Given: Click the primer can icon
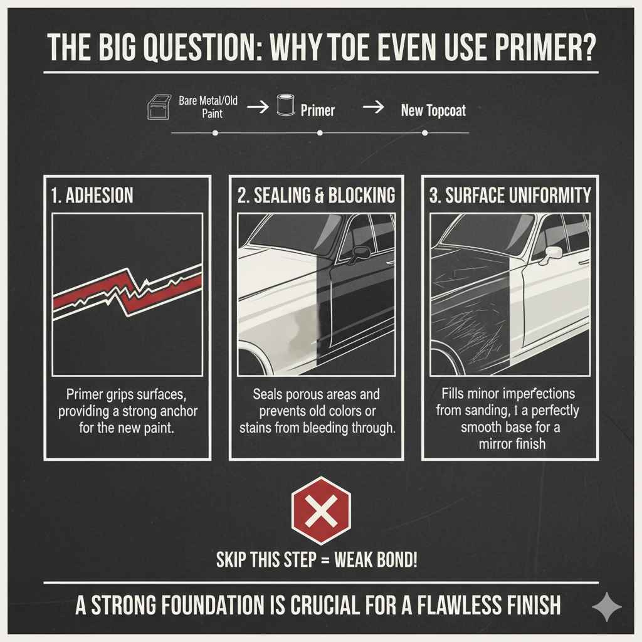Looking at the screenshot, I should coord(285,107).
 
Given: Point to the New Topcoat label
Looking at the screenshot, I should coord(433,111).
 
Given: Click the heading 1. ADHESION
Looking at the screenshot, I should coord(93,195).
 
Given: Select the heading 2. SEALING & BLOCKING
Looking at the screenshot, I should coord(317,195).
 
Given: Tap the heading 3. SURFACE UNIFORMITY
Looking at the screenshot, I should coord(510,195).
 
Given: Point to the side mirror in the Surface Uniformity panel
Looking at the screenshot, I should coord(554,253).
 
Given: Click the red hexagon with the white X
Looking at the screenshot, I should coord(321,511).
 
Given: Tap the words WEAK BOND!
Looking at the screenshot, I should coord(377,559).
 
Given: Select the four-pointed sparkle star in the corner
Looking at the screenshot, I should coord(606,608).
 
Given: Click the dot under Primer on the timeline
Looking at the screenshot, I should coord(320,133).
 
